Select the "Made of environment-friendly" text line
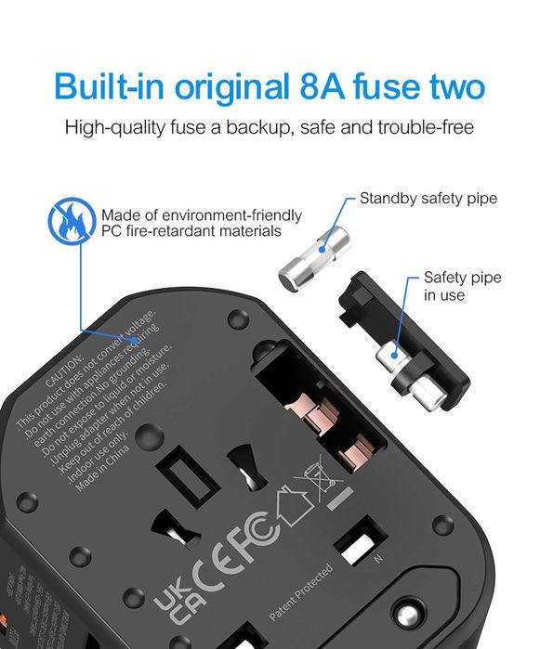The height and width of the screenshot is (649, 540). tap(201, 215)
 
